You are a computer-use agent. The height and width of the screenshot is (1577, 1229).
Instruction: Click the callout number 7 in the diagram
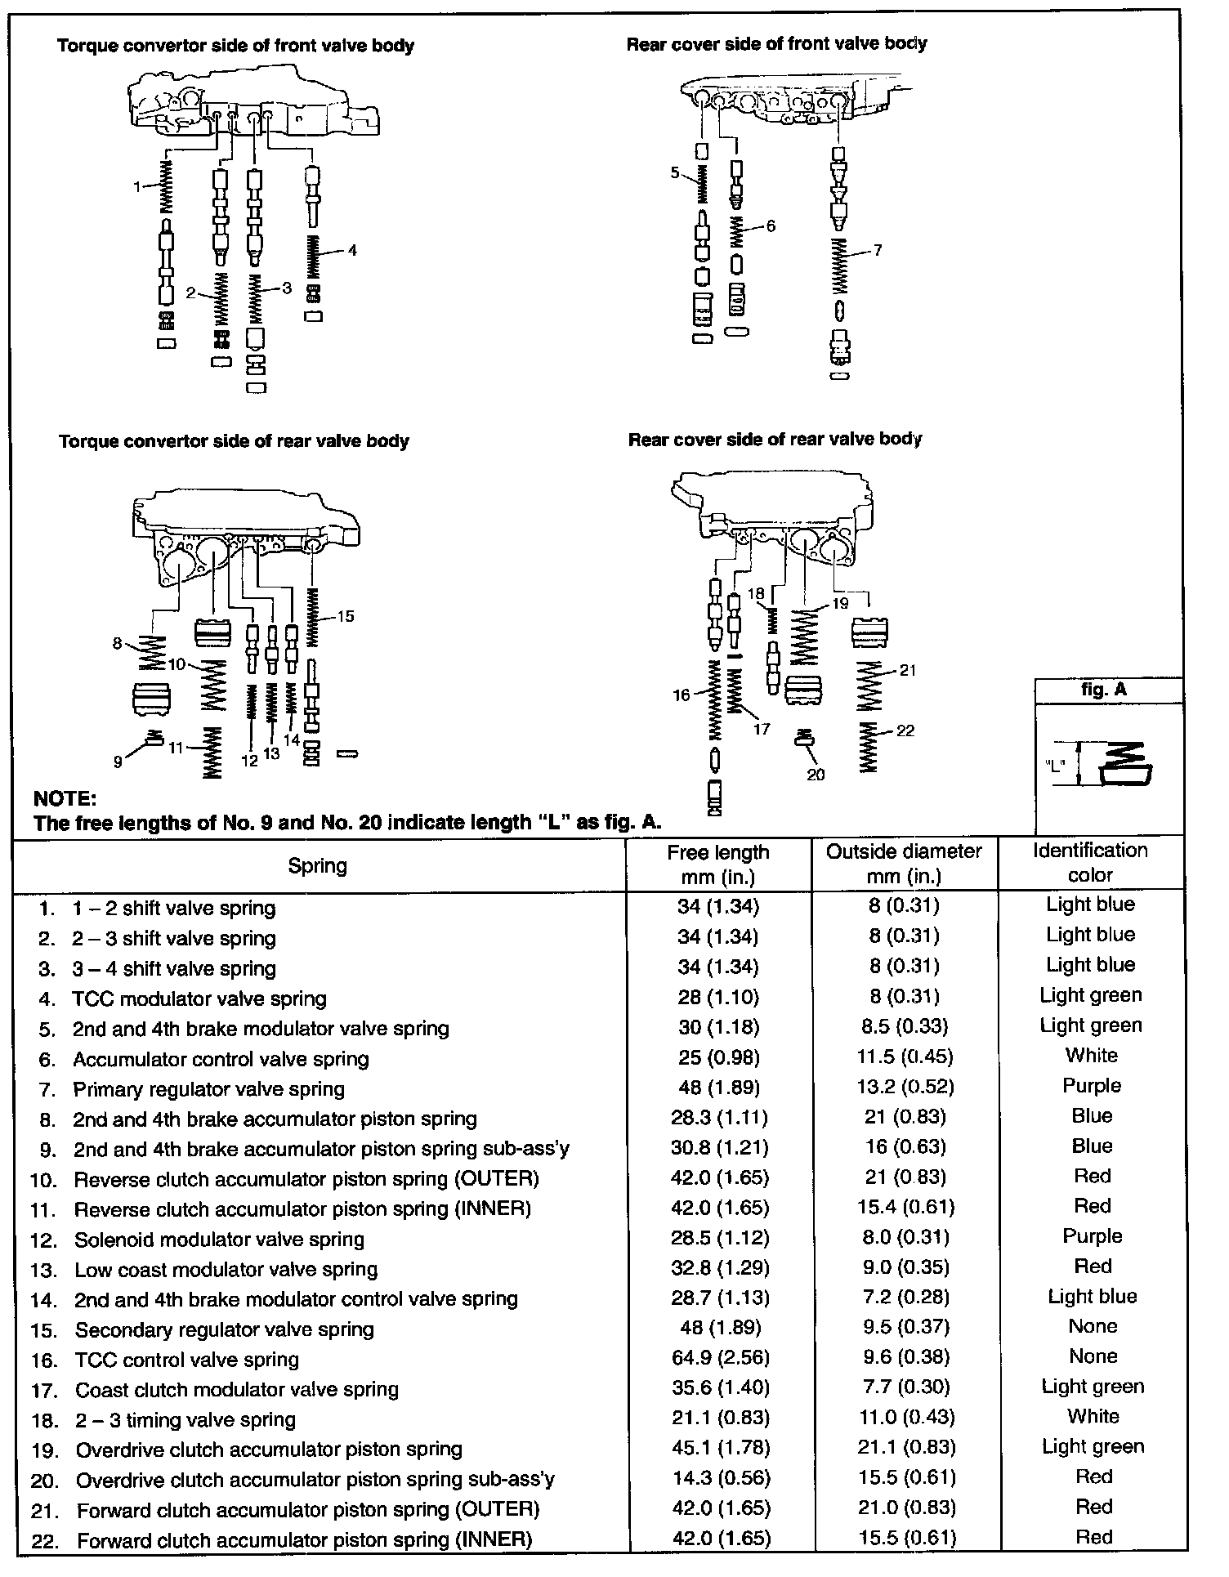click(x=878, y=250)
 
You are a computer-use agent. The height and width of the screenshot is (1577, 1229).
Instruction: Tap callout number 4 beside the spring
click(x=352, y=250)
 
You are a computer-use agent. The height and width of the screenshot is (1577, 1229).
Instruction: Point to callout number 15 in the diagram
click(x=346, y=616)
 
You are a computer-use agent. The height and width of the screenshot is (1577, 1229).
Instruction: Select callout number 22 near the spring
click(x=905, y=730)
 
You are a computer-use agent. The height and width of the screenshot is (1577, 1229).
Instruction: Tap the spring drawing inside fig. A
click(x=1126, y=765)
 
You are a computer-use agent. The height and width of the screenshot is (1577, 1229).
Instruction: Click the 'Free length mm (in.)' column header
click(x=717, y=864)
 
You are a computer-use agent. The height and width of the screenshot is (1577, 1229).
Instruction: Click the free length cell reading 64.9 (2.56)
click(x=719, y=1358)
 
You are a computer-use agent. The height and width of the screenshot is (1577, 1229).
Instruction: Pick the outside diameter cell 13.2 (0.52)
click(x=905, y=1087)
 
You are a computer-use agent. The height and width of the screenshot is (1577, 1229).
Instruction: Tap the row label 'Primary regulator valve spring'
click(x=208, y=1089)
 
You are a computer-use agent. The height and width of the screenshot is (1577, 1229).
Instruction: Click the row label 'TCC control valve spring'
click(x=187, y=1360)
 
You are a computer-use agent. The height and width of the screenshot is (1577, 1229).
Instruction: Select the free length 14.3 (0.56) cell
click(x=719, y=1478)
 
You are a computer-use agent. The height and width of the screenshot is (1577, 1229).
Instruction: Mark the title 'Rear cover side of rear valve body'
click(x=775, y=440)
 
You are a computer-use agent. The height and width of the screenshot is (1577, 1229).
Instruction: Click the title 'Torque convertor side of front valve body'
click(x=235, y=46)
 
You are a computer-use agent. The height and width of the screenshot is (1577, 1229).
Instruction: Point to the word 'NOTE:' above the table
click(x=65, y=798)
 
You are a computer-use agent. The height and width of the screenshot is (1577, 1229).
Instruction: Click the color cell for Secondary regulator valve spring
click(x=1093, y=1326)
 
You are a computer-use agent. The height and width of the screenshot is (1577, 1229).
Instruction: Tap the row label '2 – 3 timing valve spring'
click(x=185, y=1420)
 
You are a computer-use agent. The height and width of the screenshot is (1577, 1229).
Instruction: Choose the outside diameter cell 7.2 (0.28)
click(x=905, y=1298)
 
